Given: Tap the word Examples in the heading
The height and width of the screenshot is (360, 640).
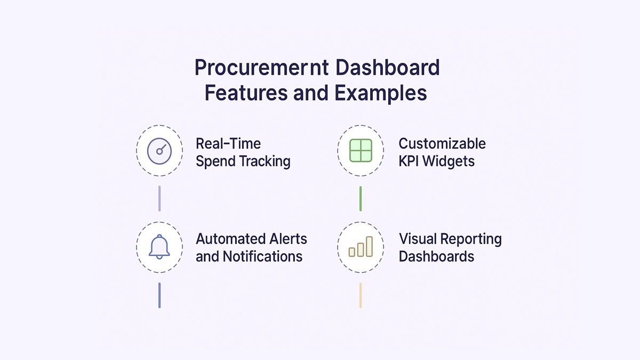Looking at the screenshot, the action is [381, 93].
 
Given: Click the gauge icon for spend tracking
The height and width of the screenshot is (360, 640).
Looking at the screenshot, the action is [159, 151].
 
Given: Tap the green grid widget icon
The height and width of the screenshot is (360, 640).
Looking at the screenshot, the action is [361, 151].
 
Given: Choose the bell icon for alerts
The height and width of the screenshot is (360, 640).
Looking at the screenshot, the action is [159, 246].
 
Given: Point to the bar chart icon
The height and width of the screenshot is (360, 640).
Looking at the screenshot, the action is [361, 247].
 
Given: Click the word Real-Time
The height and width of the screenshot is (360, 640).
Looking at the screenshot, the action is [228, 143].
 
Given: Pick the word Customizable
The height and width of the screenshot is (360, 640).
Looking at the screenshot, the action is [442, 143].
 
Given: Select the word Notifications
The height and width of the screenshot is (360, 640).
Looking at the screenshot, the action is [262, 257].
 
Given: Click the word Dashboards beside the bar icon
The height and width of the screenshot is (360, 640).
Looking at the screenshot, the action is [436, 257].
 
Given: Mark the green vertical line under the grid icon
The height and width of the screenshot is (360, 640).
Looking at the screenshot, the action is [361, 198].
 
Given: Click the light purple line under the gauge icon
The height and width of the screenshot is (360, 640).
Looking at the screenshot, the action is [159, 198].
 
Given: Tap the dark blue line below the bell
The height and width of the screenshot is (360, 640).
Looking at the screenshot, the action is [159, 295].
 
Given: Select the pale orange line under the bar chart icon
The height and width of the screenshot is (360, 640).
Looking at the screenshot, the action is [361, 295].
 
